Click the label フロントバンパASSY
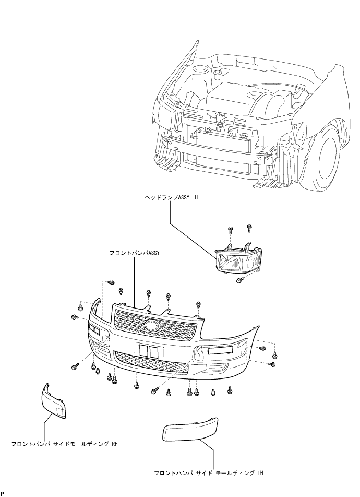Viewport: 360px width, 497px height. click(x=134, y=253)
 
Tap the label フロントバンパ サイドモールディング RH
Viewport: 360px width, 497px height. click(x=65, y=444)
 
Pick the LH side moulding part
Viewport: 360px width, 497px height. click(x=190, y=430)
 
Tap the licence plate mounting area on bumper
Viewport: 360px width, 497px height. click(x=149, y=351)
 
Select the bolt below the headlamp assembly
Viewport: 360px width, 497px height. click(x=240, y=280)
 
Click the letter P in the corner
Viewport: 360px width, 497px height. click(x=3, y=493)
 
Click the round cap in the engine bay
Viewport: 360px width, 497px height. click(x=200, y=69)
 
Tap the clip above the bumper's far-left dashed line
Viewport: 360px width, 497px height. click(x=111, y=282)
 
